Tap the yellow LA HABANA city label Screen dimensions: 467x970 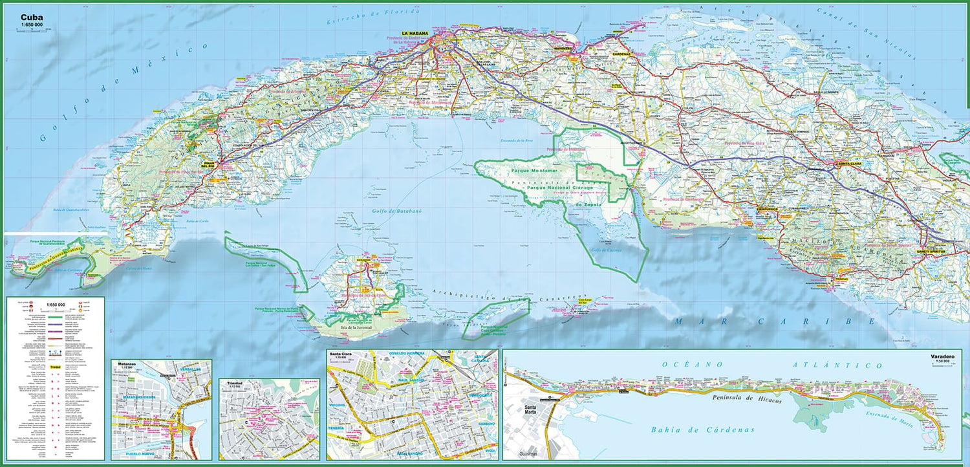415,33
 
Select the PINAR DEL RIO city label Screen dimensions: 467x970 211,164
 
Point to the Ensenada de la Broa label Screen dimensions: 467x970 514,140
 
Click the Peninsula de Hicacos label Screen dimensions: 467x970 746,400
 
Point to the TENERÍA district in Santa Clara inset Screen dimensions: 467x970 336,428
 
